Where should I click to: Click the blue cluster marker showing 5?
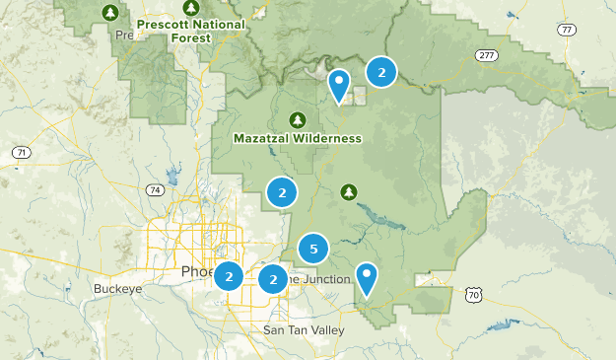pos(312,249)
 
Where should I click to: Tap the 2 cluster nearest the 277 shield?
pos(381,71)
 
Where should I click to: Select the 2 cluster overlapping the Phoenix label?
pos(229,277)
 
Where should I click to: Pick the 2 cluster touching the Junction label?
pos(273,280)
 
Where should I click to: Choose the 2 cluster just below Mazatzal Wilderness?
pos(282,192)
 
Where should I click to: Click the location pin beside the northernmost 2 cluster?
pos(339,85)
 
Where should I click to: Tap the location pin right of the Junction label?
pos(367,278)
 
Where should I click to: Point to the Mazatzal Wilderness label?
pos(298,139)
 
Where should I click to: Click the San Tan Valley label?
pos(304,330)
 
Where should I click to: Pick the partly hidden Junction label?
pos(320,279)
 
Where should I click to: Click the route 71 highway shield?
pos(20,153)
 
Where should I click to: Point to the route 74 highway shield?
pos(154,188)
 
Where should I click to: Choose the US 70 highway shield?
pos(474,294)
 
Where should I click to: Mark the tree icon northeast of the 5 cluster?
pos(347,190)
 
